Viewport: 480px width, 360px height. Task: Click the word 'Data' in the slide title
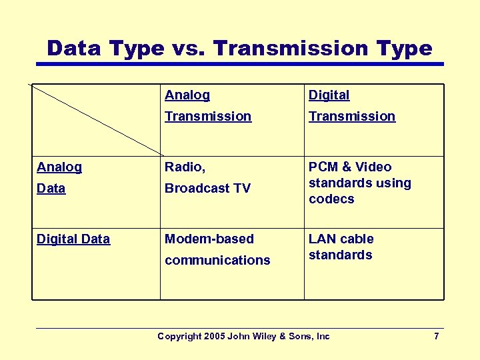(x=72, y=48)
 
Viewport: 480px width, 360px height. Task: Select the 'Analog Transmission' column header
(x=207, y=105)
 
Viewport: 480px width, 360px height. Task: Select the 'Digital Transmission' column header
(x=351, y=105)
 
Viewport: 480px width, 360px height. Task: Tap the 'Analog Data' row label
(x=59, y=177)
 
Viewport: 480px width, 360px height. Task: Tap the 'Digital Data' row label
(x=73, y=239)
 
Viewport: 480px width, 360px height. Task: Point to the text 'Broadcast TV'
(x=207, y=188)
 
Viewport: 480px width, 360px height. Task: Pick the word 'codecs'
(x=331, y=199)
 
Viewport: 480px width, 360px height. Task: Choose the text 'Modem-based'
(x=209, y=239)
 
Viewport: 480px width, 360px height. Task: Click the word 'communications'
(x=217, y=260)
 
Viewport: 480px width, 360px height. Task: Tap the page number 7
(x=436, y=336)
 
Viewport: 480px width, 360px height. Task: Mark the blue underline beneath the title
(x=240, y=64)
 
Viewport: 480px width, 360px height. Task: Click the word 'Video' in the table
(x=374, y=167)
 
